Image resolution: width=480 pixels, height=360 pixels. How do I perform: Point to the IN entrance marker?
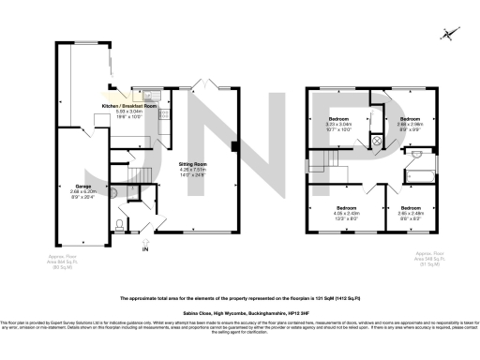(x=144, y=248)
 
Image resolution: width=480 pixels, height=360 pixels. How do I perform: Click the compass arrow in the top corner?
(x=450, y=35)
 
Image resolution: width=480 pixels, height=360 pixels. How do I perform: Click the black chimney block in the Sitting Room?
(x=233, y=145)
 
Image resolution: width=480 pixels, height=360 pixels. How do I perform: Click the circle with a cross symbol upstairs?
(x=378, y=141)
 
